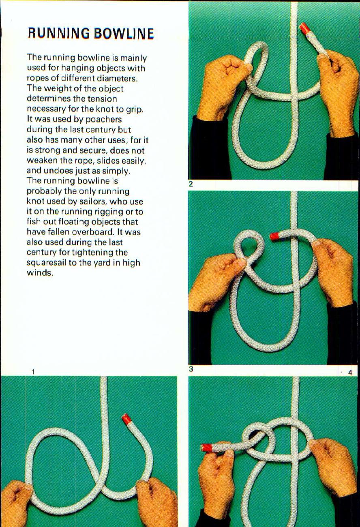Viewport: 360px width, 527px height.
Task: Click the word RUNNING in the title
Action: (59, 33)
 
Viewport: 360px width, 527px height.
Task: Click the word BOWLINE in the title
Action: (124, 33)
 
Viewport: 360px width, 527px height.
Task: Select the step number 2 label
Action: (191, 184)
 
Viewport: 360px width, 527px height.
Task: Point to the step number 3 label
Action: (191, 369)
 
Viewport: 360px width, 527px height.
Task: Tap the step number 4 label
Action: (350, 372)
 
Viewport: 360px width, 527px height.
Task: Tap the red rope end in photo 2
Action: (305, 28)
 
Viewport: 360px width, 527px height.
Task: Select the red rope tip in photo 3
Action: (274, 236)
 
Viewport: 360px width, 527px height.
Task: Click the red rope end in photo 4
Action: (207, 448)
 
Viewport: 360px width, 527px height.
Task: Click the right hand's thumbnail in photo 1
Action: (142, 482)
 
